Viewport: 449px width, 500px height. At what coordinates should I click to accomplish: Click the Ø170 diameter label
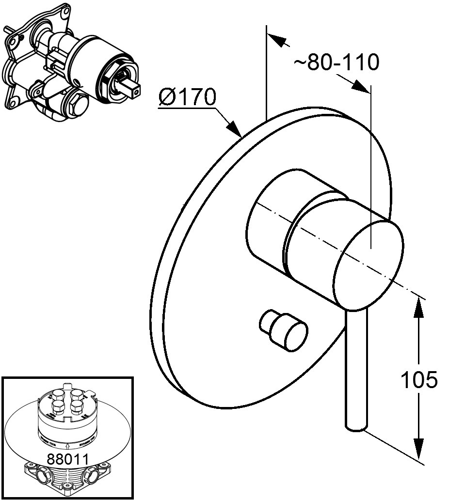pyautogui.click(x=187, y=98)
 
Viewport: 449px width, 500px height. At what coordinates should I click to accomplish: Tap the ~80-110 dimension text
pyautogui.click(x=337, y=62)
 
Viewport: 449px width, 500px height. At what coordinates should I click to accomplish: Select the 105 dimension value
pyautogui.click(x=419, y=380)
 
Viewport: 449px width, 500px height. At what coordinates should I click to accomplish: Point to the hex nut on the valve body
pyautogui.click(x=76, y=104)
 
